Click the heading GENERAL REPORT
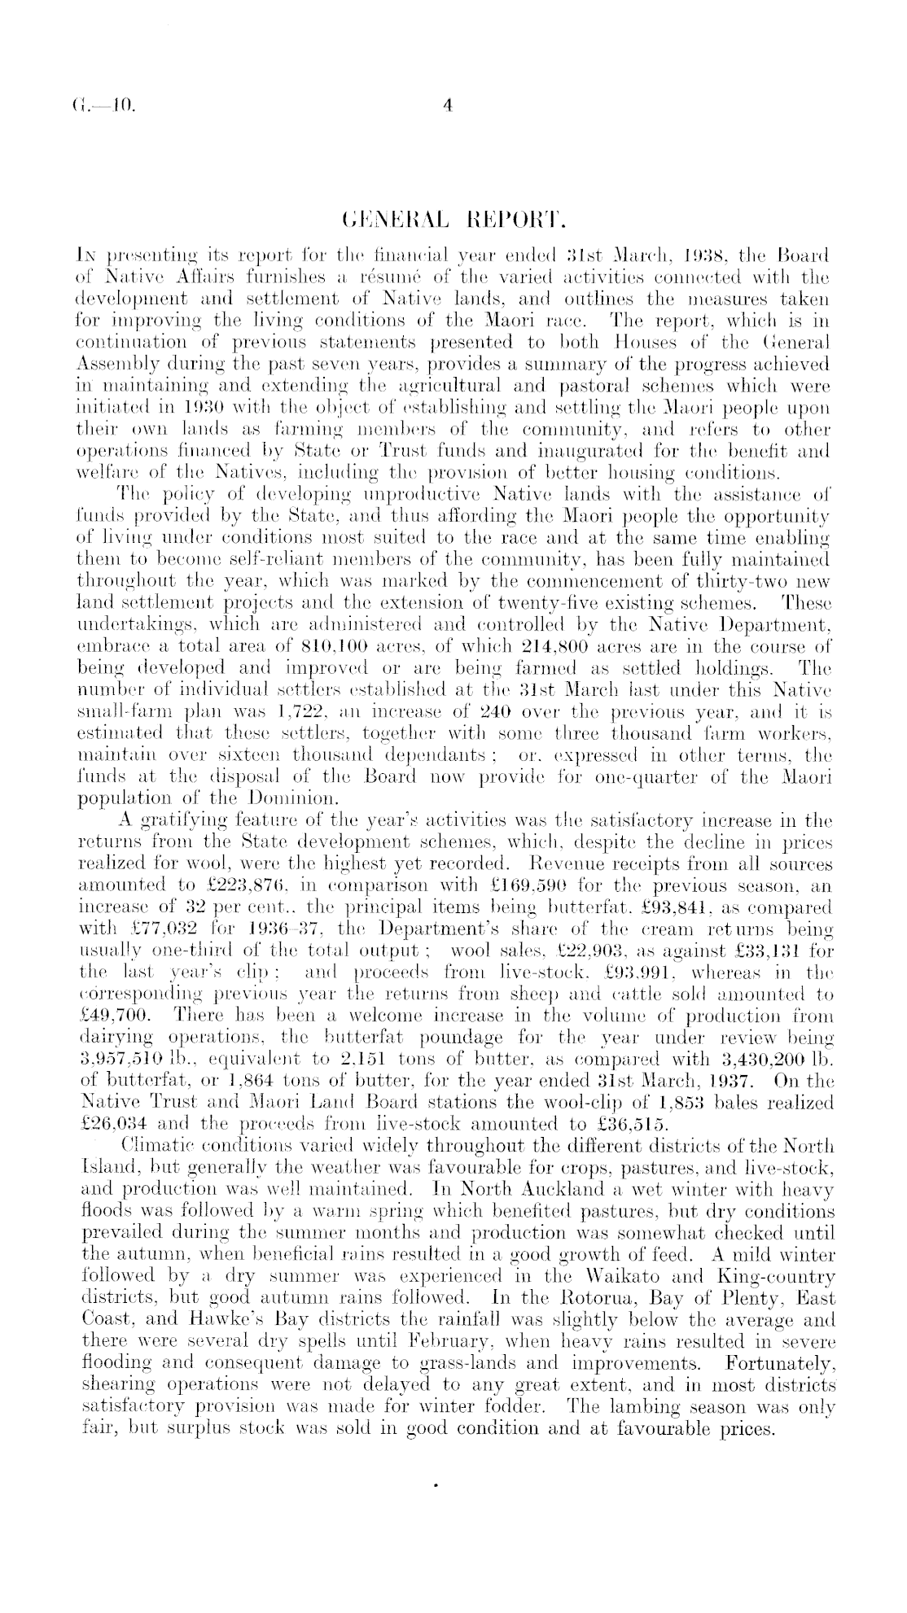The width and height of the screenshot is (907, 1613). pos(454,222)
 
